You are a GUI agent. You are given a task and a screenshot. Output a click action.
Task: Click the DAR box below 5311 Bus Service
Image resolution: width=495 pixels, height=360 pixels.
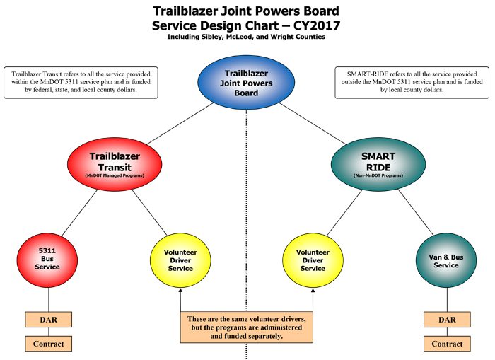[x=49, y=320]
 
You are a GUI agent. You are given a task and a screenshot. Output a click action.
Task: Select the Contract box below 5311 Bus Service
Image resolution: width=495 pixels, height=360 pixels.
[x=49, y=344]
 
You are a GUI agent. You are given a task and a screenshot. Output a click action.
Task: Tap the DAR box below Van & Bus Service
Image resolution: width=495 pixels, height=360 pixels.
[x=446, y=320]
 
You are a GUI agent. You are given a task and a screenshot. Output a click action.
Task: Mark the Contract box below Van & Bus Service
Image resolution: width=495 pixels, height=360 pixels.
[x=446, y=344]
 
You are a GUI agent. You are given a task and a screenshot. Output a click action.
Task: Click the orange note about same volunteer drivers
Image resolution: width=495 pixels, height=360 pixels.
[x=246, y=327]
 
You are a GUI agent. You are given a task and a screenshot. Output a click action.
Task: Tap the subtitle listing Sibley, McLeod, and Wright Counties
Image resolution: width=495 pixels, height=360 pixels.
[x=246, y=37]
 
